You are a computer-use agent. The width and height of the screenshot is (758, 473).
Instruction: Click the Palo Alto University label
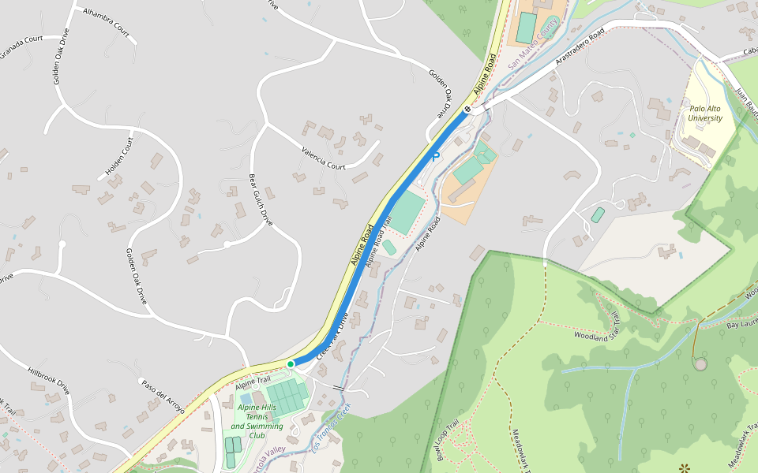pos(705,114)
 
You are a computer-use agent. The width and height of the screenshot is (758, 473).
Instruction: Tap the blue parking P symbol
pos(435,158)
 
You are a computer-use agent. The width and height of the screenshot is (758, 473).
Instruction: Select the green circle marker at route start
pos(291,363)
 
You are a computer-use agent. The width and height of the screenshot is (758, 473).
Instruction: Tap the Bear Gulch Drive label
pos(261,200)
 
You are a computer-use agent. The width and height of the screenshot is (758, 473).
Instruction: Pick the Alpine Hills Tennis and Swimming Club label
pos(257,421)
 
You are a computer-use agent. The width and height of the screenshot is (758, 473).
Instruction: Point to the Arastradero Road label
pos(580,47)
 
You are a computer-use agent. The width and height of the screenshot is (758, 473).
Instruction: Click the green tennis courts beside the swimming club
pos(286,395)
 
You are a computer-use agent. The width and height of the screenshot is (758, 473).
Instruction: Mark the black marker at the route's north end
pos(467,110)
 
